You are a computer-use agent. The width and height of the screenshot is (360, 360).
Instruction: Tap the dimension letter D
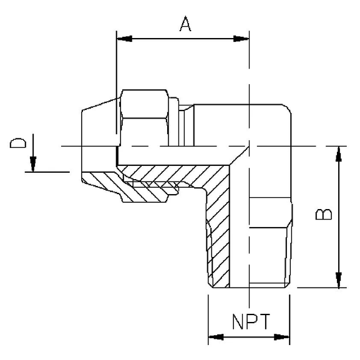pyautogui.click(x=19, y=144)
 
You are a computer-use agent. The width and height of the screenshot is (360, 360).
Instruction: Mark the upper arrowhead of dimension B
pyautogui.click(x=339, y=153)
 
